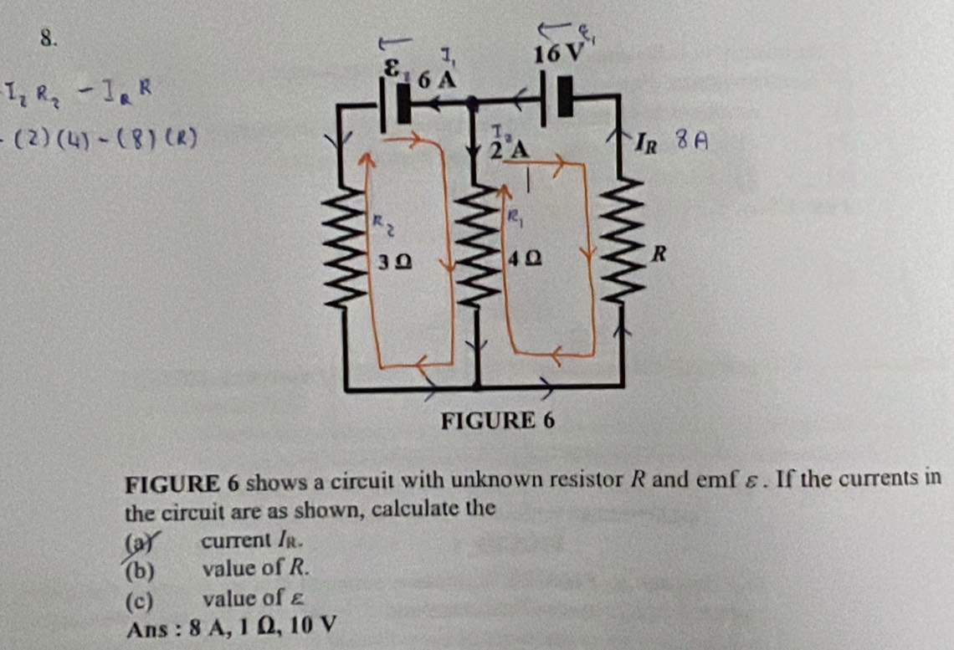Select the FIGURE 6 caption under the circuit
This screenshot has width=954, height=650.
click(497, 420)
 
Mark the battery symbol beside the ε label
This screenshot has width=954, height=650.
click(395, 105)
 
